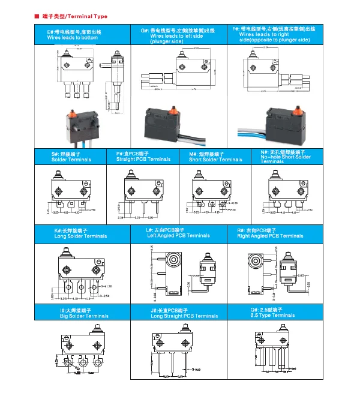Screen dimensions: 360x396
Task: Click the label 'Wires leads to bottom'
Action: pyautogui.click(x=72, y=38)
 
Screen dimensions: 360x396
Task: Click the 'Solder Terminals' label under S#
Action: pyautogui.click(x=71, y=160)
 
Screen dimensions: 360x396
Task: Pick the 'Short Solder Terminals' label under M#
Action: pyautogui.click(x=215, y=160)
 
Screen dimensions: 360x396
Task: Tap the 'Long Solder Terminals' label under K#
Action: pyautogui.click(x=80, y=236)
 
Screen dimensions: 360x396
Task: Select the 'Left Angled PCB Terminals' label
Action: pyautogui.click(x=178, y=235)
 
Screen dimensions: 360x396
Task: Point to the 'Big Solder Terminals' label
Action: pyautogui.click(x=84, y=316)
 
